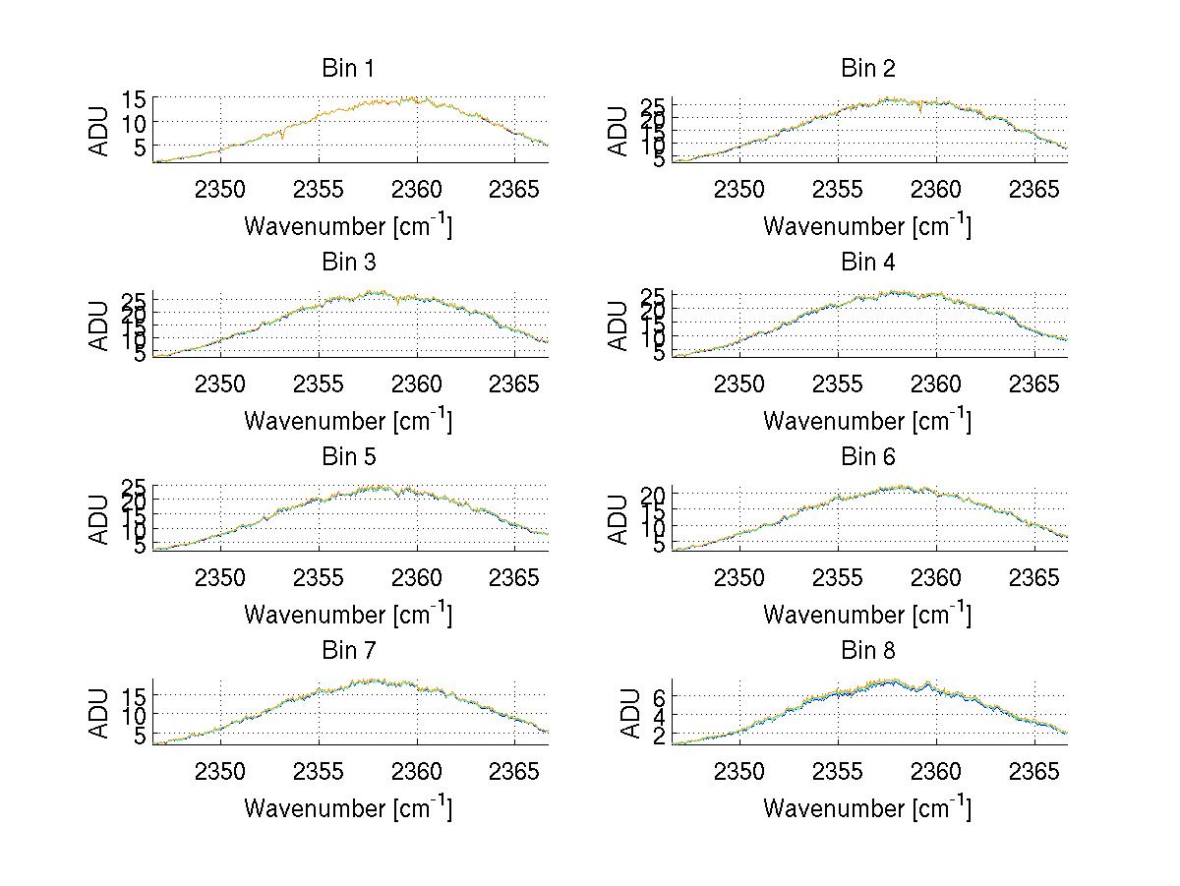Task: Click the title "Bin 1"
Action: coord(347,69)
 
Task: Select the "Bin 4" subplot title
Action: coord(867,263)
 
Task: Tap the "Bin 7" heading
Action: coord(347,651)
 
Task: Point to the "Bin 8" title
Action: coord(867,651)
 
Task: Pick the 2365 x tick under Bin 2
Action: coord(1034,189)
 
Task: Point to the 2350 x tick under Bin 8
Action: coord(739,770)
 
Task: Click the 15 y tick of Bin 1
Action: coord(134,98)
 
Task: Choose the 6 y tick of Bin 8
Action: coord(659,696)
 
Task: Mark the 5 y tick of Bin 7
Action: coord(140,736)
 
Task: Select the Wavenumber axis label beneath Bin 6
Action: coord(867,614)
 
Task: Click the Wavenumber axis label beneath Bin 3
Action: coord(347,420)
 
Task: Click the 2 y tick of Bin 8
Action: coord(659,734)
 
